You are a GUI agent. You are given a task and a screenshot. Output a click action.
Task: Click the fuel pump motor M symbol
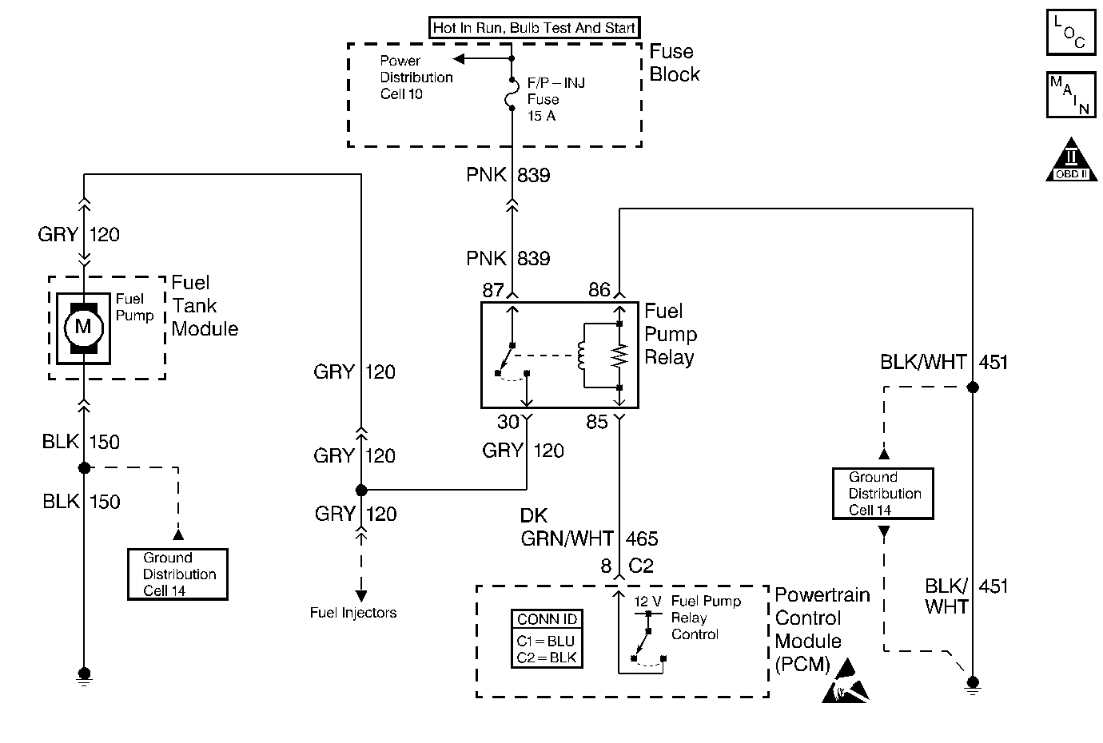pos(83,327)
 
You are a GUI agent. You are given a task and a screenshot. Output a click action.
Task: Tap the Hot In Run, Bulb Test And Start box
pos(534,28)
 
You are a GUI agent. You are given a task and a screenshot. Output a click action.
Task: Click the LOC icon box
pos(1070,33)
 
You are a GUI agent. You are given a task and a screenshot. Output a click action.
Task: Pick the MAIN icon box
pos(1070,95)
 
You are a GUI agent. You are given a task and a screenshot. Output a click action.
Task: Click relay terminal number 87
pos(493,290)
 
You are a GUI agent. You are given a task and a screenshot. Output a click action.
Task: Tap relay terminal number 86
pos(599,290)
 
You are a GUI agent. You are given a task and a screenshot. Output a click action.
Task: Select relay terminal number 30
pos(508,422)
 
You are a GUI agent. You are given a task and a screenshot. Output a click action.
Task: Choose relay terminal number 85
pos(597,422)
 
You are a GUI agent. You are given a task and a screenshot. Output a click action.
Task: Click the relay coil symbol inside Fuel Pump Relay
pos(581,356)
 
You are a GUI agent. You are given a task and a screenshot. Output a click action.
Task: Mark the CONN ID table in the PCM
pos(547,639)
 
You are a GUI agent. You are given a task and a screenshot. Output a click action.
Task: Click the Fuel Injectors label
pos(353,614)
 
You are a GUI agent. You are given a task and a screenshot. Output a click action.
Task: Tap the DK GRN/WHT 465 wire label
pos(589,528)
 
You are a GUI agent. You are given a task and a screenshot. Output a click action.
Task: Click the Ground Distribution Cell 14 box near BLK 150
pos(177,574)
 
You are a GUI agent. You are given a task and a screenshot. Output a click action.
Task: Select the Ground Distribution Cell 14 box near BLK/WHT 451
pos(883,494)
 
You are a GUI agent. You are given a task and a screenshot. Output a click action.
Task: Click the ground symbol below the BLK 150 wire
pos(84,676)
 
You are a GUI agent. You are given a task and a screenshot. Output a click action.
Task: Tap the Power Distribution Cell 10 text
pos(416,77)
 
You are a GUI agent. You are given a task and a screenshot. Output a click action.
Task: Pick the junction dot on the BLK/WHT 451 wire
pos(973,387)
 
